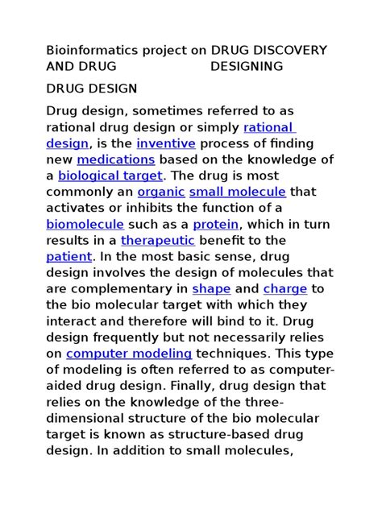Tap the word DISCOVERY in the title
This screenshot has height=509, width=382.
click(x=290, y=50)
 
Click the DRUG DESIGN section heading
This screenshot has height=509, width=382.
click(x=92, y=88)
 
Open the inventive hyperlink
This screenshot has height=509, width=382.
click(x=166, y=143)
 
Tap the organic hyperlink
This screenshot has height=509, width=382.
click(x=161, y=192)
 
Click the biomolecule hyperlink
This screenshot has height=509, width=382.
click(x=85, y=224)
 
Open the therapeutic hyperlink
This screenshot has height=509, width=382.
click(x=158, y=240)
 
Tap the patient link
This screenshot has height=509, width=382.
click(x=69, y=256)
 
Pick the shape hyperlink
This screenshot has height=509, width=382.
click(x=211, y=288)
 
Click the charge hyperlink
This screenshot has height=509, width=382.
click(x=285, y=288)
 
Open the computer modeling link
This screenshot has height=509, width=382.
click(x=129, y=353)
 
